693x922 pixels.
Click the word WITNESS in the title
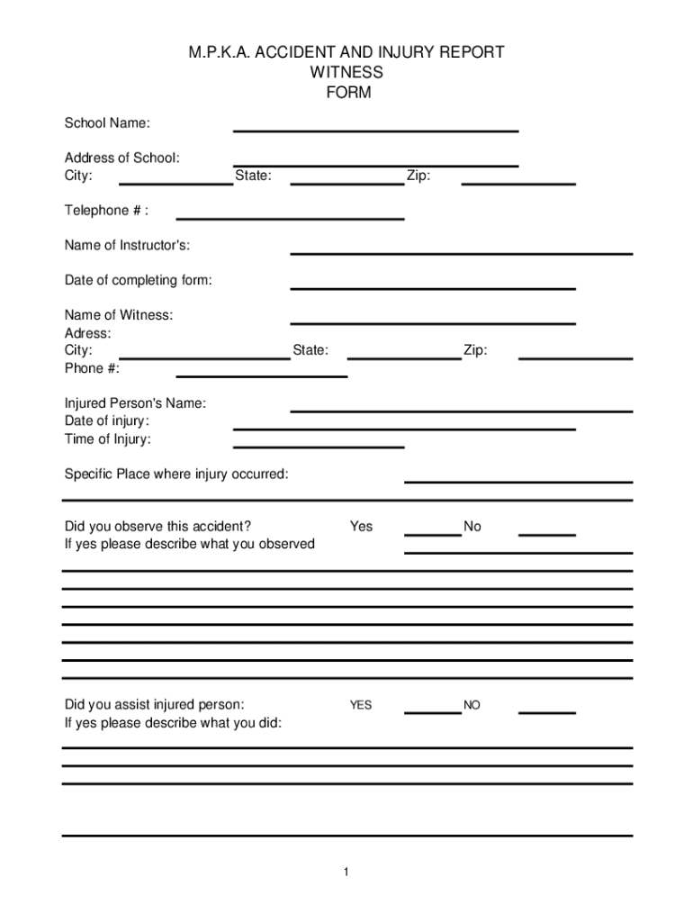click(x=346, y=72)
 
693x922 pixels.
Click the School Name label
click(x=107, y=122)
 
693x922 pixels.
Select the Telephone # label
click(x=105, y=211)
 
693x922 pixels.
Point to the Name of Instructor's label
click(x=127, y=246)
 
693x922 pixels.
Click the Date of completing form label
click(x=138, y=281)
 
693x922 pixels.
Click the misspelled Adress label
click(x=87, y=333)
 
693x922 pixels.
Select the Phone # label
click(x=91, y=368)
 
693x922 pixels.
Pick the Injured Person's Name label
click(x=135, y=403)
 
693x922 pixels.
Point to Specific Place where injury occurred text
click(x=176, y=475)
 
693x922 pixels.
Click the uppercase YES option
click(x=361, y=706)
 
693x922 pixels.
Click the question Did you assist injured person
click(x=154, y=705)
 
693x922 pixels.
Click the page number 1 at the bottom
click(x=346, y=872)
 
